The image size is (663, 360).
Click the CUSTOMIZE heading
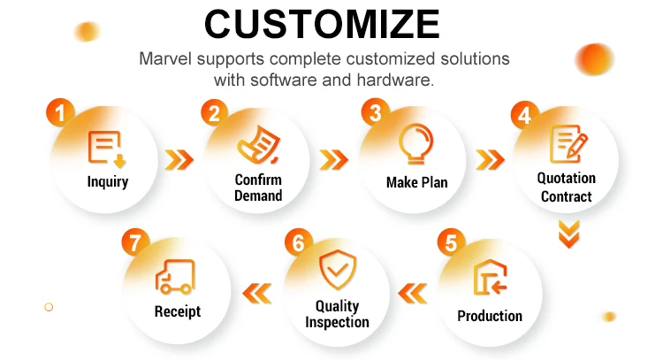click(x=322, y=24)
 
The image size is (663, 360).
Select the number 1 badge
click(x=60, y=112)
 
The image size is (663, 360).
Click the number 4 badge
click(x=525, y=115)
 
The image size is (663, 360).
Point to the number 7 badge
click(x=135, y=242)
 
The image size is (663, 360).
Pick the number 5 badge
click(x=451, y=242)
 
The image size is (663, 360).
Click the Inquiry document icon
click(x=107, y=149)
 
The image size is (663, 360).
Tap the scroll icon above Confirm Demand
click(x=258, y=144)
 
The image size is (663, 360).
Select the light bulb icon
click(x=416, y=144)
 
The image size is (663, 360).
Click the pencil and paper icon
click(x=568, y=143)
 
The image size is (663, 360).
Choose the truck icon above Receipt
click(x=175, y=277)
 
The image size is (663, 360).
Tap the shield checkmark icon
click(x=338, y=270)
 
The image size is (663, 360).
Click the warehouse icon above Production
click(x=490, y=278)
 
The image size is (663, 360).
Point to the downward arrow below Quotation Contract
click(x=568, y=234)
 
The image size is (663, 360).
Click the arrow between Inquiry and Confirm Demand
click(x=179, y=160)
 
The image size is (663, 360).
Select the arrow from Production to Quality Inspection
click(x=412, y=293)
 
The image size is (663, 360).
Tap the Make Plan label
click(x=417, y=182)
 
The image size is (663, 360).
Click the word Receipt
click(x=178, y=311)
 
